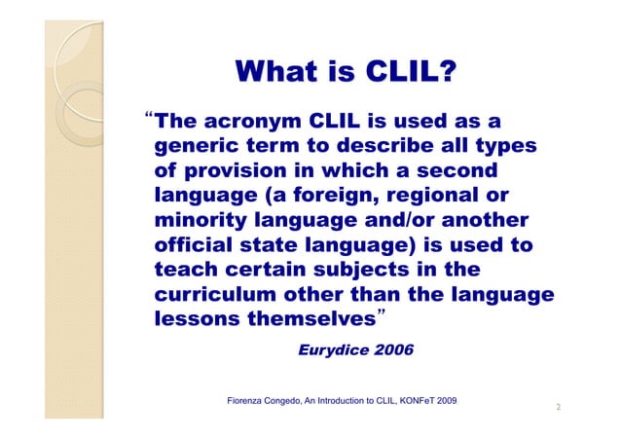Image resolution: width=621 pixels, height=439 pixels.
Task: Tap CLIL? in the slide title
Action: coord(410,71)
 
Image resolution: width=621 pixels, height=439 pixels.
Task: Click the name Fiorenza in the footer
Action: coord(246,401)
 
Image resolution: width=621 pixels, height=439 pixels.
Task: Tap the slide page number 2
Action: coord(558,407)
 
